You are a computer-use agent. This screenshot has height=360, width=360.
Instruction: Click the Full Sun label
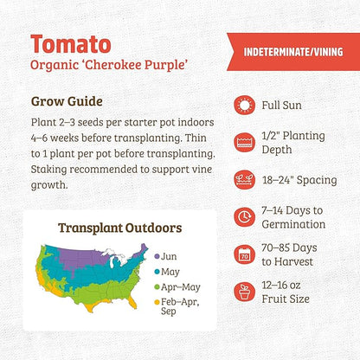285,106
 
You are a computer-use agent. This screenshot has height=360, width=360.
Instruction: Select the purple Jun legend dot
157,257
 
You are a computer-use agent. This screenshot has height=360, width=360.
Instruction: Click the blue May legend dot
157,271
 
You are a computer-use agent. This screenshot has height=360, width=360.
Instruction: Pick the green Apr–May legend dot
157,286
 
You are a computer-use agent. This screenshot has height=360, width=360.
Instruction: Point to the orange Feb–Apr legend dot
157,302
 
